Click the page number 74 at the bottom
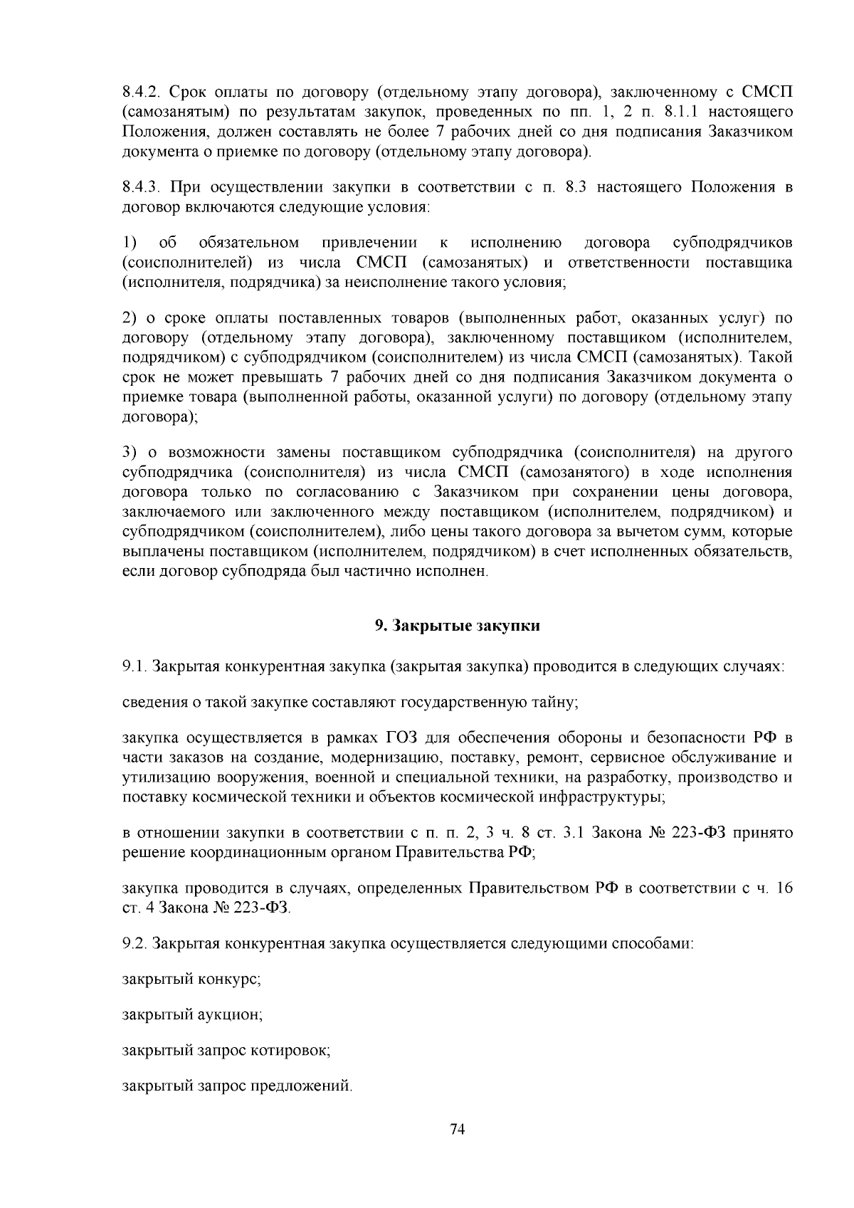point(458,1130)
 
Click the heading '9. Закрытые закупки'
point(457,626)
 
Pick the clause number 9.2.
point(134,944)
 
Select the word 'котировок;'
point(295,1050)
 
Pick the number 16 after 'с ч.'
point(784,888)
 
